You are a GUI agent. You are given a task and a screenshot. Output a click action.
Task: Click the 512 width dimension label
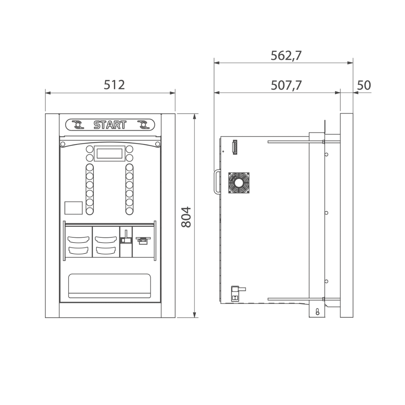114,85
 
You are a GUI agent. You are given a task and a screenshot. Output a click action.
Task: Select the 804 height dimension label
186,217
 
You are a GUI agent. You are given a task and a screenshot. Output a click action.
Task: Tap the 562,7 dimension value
286,56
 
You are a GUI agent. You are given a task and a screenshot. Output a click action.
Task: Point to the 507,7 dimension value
286,86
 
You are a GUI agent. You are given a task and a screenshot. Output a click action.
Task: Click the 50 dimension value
364,85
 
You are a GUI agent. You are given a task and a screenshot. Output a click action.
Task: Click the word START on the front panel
110,125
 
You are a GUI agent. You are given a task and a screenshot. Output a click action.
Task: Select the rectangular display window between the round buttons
109,153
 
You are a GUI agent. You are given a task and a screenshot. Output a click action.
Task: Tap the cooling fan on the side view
239,183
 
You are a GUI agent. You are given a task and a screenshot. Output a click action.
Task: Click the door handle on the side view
217,182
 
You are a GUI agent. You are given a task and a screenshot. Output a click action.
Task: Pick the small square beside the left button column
73,208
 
